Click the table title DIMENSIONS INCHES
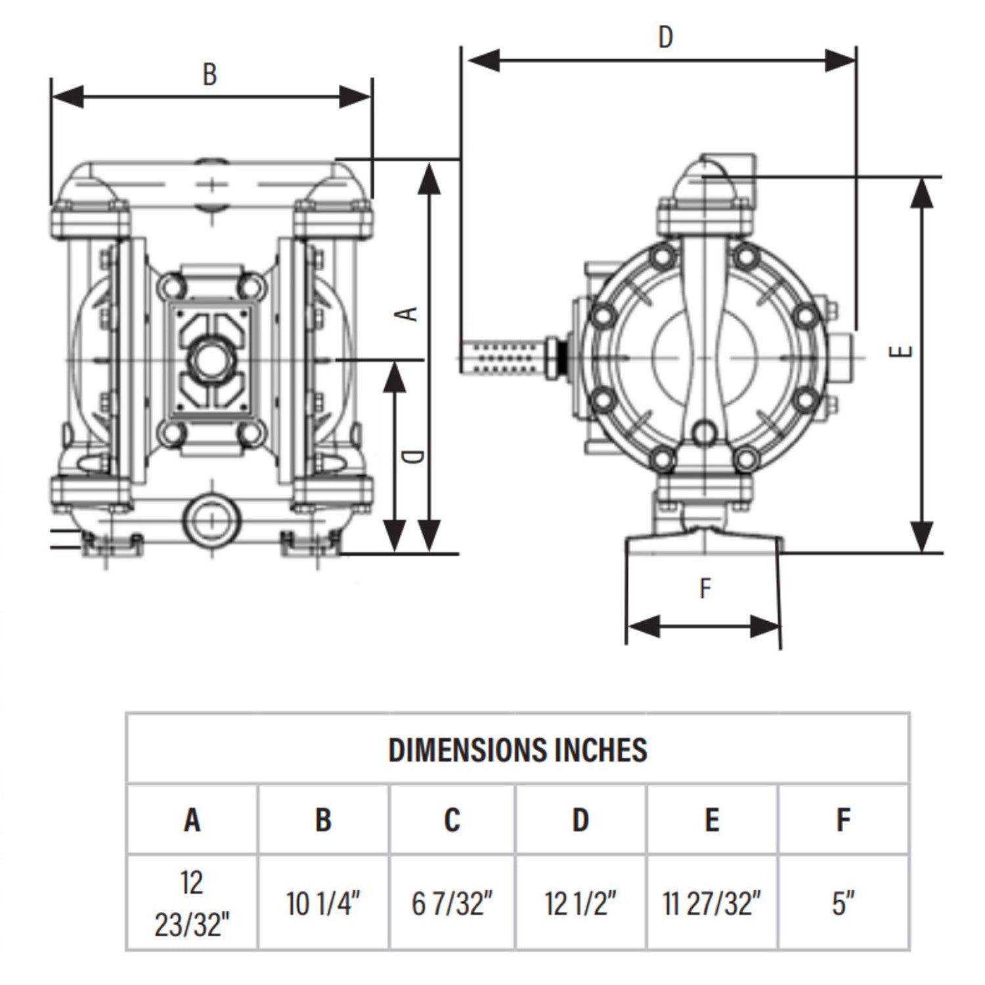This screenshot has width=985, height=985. point(517,750)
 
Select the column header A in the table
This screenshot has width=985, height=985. point(192,820)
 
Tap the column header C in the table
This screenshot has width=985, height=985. point(452,820)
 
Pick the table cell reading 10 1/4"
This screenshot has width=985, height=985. point(323,904)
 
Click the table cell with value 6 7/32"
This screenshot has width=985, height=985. point(452,904)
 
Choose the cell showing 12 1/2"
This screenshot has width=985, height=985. point(580,904)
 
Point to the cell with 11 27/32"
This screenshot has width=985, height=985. point(712,904)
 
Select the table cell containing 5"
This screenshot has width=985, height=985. point(843,904)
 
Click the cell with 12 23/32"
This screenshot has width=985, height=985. point(192,904)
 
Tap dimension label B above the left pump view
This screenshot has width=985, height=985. point(209,74)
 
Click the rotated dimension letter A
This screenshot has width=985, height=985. point(408,313)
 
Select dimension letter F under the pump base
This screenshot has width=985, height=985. point(705,588)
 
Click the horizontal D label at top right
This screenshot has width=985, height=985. point(665,37)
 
